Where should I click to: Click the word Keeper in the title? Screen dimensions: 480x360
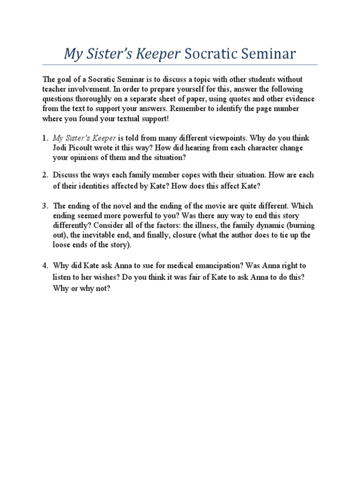pyautogui.click(x=158, y=54)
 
